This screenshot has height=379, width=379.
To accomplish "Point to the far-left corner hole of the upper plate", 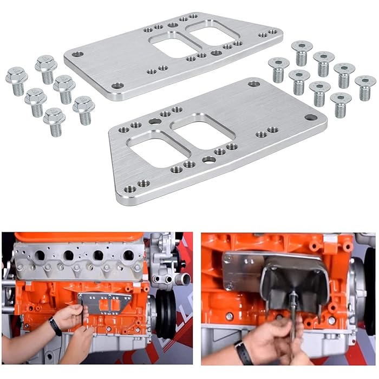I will click(x=78, y=54).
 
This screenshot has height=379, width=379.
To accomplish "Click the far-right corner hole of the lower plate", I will click(x=311, y=117).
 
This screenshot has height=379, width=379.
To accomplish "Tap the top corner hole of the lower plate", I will click(x=253, y=84).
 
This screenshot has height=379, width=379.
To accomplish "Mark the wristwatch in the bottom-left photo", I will click(x=55, y=326).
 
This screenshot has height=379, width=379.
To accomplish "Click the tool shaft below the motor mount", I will click(x=292, y=325).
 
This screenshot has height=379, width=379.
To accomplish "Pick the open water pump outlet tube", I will click(x=185, y=279).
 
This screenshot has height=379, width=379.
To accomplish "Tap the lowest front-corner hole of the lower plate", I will click(x=130, y=189).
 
